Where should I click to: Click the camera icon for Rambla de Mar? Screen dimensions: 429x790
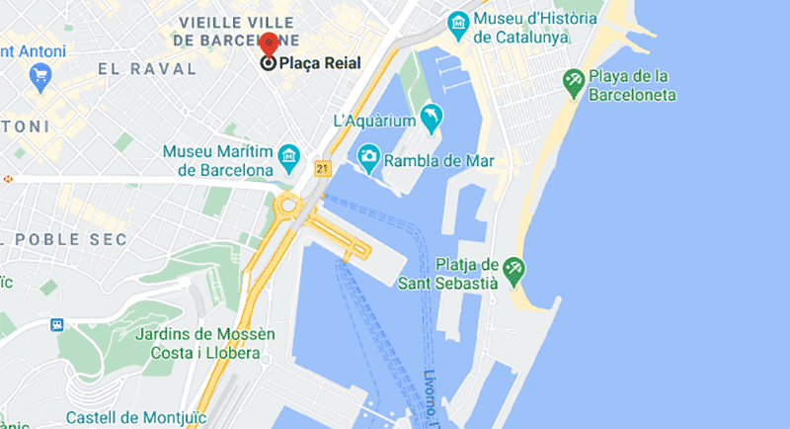368,156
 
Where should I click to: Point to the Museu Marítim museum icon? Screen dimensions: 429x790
288,155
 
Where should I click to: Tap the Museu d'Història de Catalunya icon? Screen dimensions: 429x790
457,20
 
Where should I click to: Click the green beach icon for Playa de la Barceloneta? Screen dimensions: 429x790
572,78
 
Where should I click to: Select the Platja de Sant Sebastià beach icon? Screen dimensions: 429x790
513,267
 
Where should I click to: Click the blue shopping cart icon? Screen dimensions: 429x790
41,75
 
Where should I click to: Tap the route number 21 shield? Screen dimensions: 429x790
322,169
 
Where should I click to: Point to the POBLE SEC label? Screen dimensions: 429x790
74,240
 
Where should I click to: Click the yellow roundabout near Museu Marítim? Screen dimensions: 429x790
289,206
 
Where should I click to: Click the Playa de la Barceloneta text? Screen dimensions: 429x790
633,85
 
